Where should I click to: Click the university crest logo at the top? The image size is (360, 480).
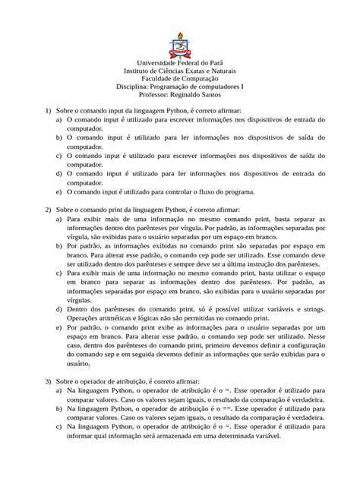(179, 43)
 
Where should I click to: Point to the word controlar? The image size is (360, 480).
(172, 193)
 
